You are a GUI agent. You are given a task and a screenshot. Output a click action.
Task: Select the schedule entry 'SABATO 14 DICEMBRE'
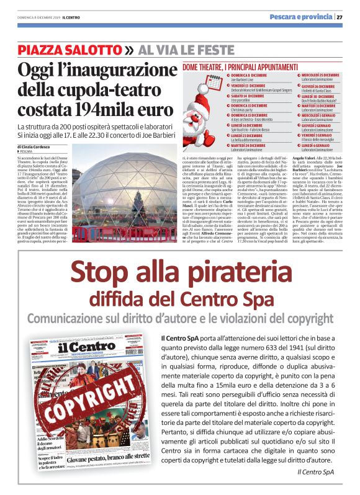pyautogui.click(x=215, y=97)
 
